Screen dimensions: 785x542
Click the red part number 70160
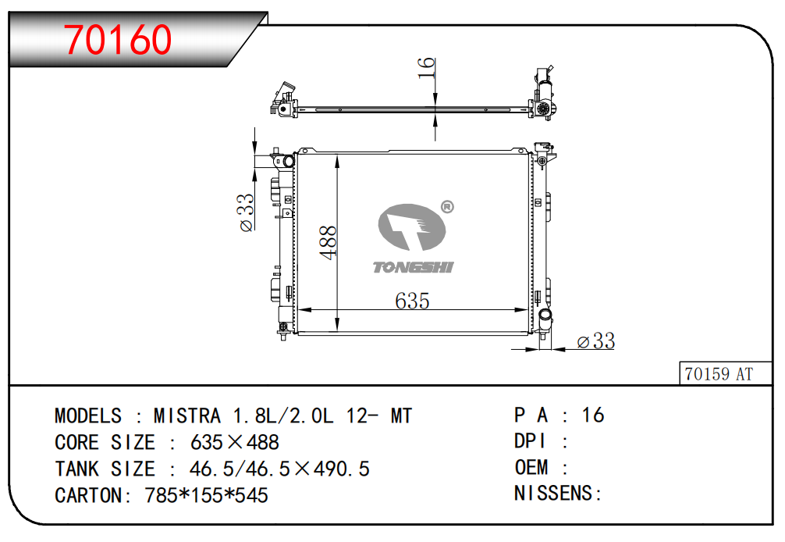click(118, 40)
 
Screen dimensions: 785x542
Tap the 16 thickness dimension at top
click(426, 67)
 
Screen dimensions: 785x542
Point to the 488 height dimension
click(329, 242)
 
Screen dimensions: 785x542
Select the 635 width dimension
click(412, 301)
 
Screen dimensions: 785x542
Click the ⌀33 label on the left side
click(247, 212)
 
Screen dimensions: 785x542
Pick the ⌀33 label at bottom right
click(595, 341)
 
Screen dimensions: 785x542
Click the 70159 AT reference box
click(726, 373)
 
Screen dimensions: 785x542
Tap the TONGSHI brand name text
click(413, 268)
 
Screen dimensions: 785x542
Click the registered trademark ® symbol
click(447, 206)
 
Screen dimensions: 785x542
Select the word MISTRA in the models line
click(186, 415)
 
